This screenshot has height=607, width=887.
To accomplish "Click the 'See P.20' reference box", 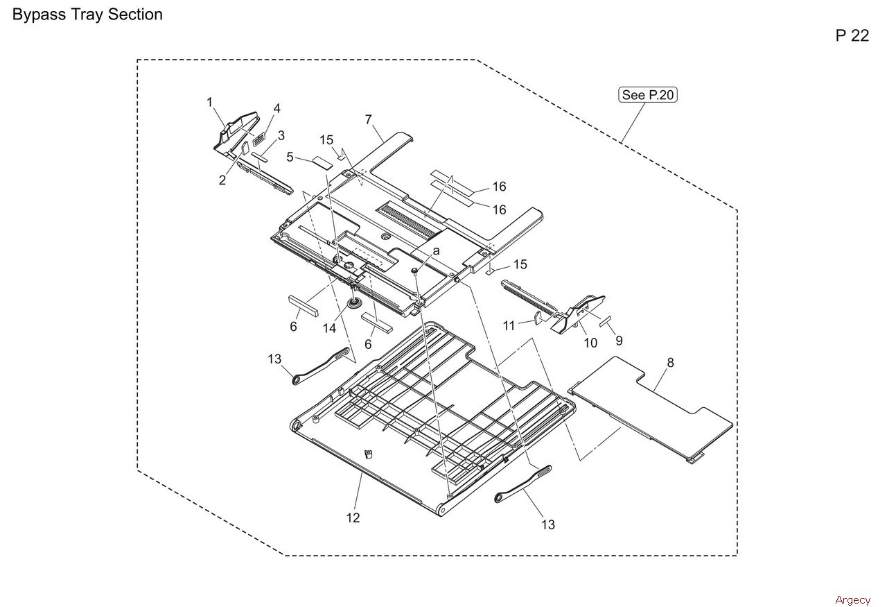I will point(647,95).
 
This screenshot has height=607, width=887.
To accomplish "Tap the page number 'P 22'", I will point(852,36).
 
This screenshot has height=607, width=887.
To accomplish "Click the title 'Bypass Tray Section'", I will point(87,15).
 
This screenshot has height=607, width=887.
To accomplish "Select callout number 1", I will point(209,103).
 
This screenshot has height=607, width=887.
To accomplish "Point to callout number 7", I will point(369,119).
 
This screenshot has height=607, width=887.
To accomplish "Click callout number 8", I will point(670,362).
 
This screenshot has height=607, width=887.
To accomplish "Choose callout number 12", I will point(353,518).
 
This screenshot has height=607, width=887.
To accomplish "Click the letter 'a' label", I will point(437,250).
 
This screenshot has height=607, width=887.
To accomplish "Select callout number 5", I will point(290,157).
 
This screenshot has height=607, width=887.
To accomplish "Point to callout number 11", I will point(509,325).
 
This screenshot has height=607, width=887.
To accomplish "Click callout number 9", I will point(619,341).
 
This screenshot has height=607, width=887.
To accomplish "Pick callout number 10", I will point(590,343).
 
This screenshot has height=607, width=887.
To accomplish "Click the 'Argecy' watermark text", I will point(852,600).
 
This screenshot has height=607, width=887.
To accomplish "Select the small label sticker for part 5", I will point(319,162).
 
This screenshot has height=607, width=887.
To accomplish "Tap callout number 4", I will point(276,108).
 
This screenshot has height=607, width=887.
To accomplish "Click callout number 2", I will point(222,180).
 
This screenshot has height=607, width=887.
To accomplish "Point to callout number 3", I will point(281,135).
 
